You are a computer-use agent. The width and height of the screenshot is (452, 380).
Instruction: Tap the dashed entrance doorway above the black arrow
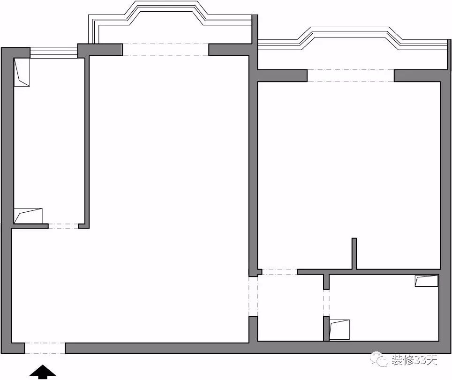click(45, 348)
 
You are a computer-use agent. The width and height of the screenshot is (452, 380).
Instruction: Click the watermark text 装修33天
click(414, 360)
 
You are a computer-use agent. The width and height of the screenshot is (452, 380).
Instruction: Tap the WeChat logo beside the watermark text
click(379, 360)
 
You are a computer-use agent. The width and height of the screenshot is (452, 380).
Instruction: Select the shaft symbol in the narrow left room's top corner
click(22, 72)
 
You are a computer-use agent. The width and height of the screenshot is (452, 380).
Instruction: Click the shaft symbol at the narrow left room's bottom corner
click(28, 216)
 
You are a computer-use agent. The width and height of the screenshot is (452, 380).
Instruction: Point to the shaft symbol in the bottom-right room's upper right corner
click(426, 281)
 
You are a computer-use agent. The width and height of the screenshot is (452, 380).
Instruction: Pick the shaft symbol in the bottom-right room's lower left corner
click(339, 330)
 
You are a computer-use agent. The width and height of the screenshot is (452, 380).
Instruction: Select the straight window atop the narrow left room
click(53, 53)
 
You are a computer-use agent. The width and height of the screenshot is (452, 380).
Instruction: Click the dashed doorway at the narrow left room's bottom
click(63, 226)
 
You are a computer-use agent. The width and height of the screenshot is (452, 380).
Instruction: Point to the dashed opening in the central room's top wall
click(165, 50)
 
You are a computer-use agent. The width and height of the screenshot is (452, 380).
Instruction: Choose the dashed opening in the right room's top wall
click(350, 75)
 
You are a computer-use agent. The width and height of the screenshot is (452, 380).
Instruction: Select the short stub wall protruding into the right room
click(354, 253)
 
